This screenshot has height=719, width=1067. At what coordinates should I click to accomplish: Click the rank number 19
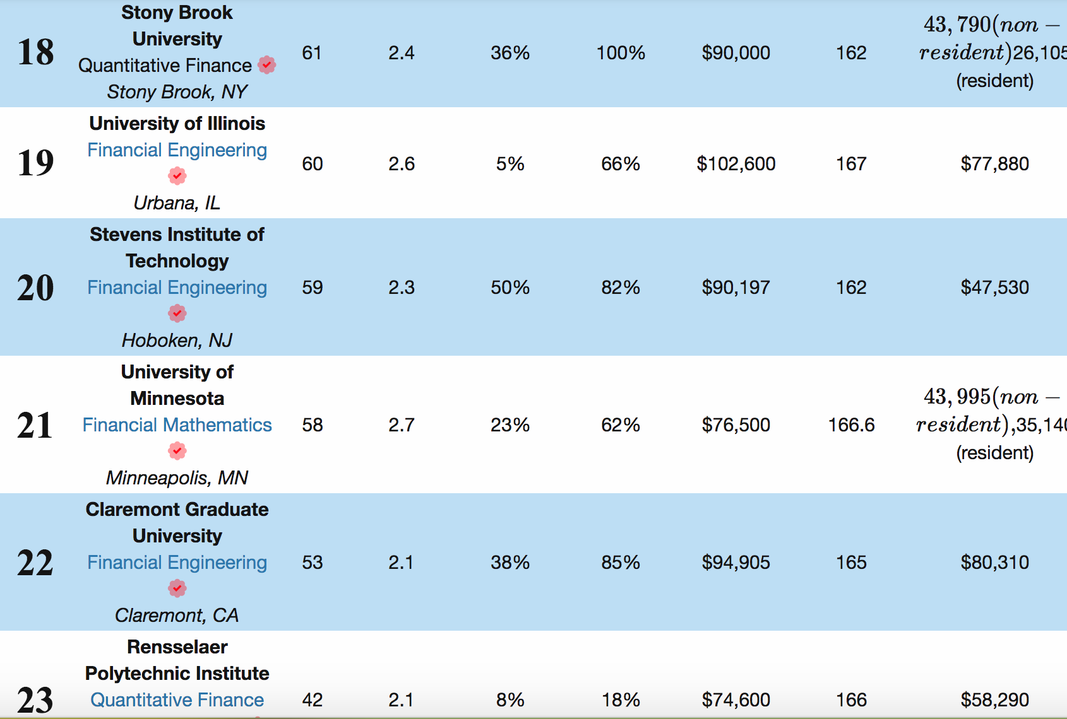pyautogui.click(x=36, y=163)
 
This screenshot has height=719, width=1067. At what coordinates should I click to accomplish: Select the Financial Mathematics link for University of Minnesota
pyautogui.click(x=177, y=425)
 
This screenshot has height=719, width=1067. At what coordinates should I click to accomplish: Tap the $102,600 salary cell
pyautogui.click(x=736, y=164)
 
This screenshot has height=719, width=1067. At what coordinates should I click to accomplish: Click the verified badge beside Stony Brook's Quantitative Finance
pyautogui.click(x=267, y=65)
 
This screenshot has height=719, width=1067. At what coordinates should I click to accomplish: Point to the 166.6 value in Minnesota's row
pyautogui.click(x=851, y=425)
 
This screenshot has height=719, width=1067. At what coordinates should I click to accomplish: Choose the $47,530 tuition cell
pyautogui.click(x=994, y=288)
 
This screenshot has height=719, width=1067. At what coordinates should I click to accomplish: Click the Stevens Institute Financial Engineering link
pyautogui.click(x=177, y=288)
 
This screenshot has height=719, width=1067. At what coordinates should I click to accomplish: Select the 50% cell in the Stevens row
pyautogui.click(x=510, y=288)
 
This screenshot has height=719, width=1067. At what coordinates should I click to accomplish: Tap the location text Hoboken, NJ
pyautogui.click(x=177, y=341)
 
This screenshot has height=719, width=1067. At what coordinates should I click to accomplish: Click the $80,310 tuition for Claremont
pyautogui.click(x=994, y=563)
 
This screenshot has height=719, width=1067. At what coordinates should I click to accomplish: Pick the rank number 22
pyautogui.click(x=35, y=563)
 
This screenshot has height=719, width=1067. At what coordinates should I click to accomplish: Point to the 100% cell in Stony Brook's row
pyautogui.click(x=621, y=53)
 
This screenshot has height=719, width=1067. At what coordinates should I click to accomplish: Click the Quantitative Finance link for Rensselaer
pyautogui.click(x=177, y=700)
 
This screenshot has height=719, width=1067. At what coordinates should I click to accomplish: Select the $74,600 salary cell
pyautogui.click(x=736, y=700)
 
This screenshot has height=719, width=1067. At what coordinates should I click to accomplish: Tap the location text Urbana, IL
pyautogui.click(x=177, y=203)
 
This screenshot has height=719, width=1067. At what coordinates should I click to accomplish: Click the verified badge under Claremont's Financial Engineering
pyautogui.click(x=177, y=588)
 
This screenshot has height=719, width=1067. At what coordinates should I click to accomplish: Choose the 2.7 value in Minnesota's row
pyautogui.click(x=402, y=425)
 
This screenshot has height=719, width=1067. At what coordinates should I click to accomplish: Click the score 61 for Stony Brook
pyautogui.click(x=312, y=53)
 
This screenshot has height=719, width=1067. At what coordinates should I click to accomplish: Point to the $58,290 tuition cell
pyautogui.click(x=994, y=700)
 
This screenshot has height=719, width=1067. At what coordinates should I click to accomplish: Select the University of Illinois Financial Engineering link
pyautogui.click(x=177, y=150)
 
